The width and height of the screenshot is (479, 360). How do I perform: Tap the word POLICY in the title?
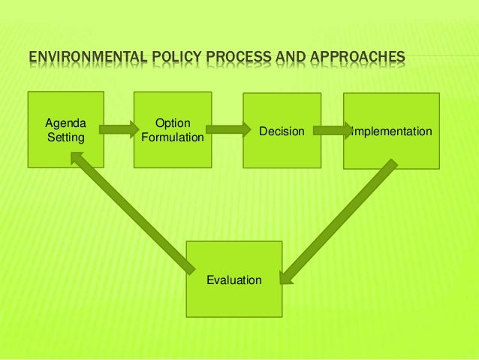pyautogui.click(x=167, y=58)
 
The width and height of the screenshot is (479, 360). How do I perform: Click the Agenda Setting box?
pyautogui.click(x=66, y=129)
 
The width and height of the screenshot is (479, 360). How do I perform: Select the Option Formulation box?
pyautogui.click(x=172, y=129)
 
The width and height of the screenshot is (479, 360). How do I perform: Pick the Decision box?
pyautogui.click(x=282, y=130)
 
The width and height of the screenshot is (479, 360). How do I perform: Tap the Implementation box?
pyautogui.click(x=391, y=131)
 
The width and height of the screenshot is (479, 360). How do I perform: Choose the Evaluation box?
pyautogui.click(x=234, y=280)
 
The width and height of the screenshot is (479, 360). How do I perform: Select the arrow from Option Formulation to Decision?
pyautogui.click(x=228, y=129)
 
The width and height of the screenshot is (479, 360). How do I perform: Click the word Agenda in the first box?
pyautogui.click(x=66, y=123)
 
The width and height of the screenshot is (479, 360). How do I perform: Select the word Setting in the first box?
pyautogui.click(x=66, y=138)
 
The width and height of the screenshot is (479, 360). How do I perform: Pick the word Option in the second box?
pyautogui.click(x=172, y=123)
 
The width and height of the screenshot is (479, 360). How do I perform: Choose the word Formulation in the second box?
pyautogui.click(x=172, y=138)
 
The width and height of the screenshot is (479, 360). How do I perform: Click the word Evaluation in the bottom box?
pyautogui.click(x=234, y=280)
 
